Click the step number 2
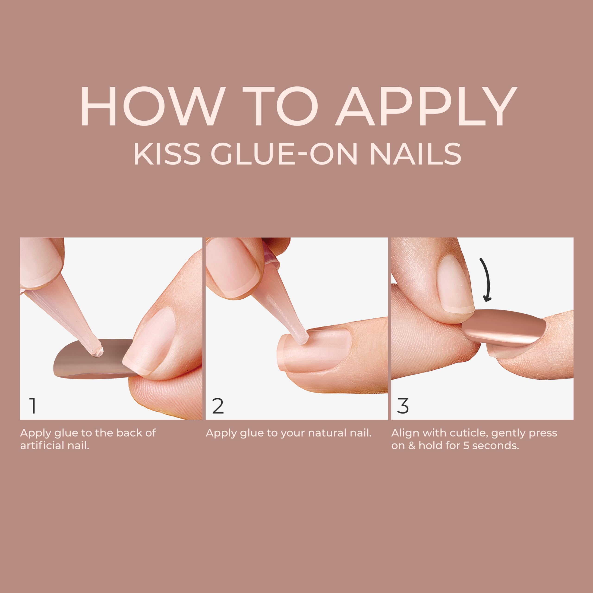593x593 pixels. (218, 406)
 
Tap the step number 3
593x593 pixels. (403, 406)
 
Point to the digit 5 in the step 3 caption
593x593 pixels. (466, 446)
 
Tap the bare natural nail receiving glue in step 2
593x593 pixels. (316, 348)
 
